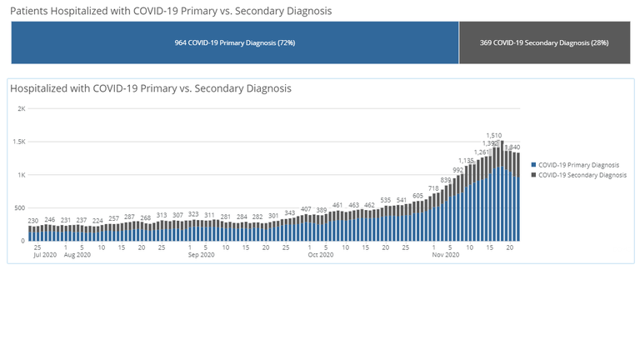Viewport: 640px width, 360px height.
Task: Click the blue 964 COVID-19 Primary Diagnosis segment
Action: [235, 42]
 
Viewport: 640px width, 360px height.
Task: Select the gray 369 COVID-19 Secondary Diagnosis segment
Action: [544, 42]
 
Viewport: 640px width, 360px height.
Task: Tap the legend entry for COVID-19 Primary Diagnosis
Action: [577, 165]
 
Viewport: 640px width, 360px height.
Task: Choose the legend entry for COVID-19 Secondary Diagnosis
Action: [581, 175]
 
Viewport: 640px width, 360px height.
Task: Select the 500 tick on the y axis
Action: [20, 208]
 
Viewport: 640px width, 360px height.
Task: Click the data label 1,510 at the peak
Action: [494, 134]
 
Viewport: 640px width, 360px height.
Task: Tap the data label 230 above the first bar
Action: [33, 221]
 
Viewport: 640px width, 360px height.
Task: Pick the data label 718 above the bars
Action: [433, 188]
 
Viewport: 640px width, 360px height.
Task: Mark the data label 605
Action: [417, 196]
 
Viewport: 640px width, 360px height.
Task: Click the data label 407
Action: [306, 209]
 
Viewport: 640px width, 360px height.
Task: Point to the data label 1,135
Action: [466, 160]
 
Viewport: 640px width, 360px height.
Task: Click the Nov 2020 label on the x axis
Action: [446, 255]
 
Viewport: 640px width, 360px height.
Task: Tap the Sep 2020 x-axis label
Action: [201, 255]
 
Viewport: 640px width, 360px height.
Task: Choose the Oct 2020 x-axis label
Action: [320, 255]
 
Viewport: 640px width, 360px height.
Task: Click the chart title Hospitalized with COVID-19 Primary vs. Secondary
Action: [151, 88]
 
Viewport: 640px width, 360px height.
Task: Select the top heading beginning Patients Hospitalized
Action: [171, 11]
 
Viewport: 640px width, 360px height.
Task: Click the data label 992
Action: [457, 170]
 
